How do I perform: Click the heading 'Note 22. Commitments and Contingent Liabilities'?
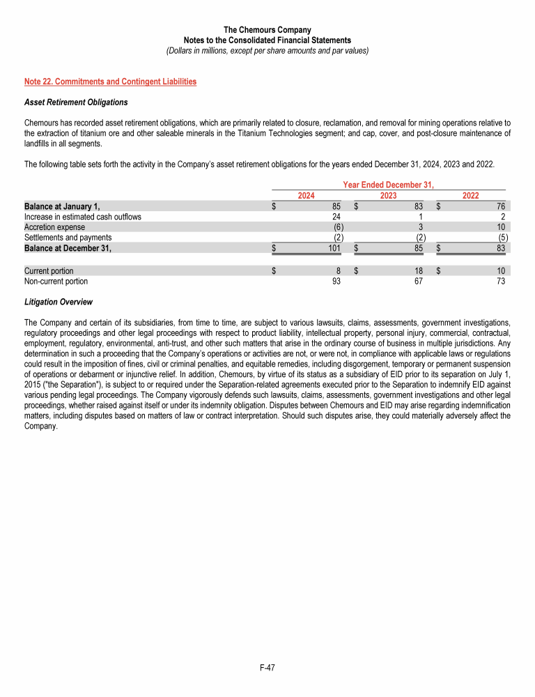click(x=110, y=82)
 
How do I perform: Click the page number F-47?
click(x=267, y=668)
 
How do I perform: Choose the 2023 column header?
click(x=388, y=195)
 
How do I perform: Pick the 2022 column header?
click(x=470, y=195)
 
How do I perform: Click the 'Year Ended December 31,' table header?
click(x=389, y=185)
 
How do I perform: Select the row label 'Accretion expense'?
click(x=54, y=227)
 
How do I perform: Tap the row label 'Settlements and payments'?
click(x=68, y=237)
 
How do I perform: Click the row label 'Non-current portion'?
click(x=56, y=282)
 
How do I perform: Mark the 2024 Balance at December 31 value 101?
click(x=333, y=247)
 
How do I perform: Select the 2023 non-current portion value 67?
click(x=418, y=282)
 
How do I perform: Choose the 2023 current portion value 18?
click(x=418, y=271)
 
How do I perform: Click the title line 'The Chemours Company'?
click(x=267, y=30)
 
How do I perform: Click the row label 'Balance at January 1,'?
click(x=62, y=206)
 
